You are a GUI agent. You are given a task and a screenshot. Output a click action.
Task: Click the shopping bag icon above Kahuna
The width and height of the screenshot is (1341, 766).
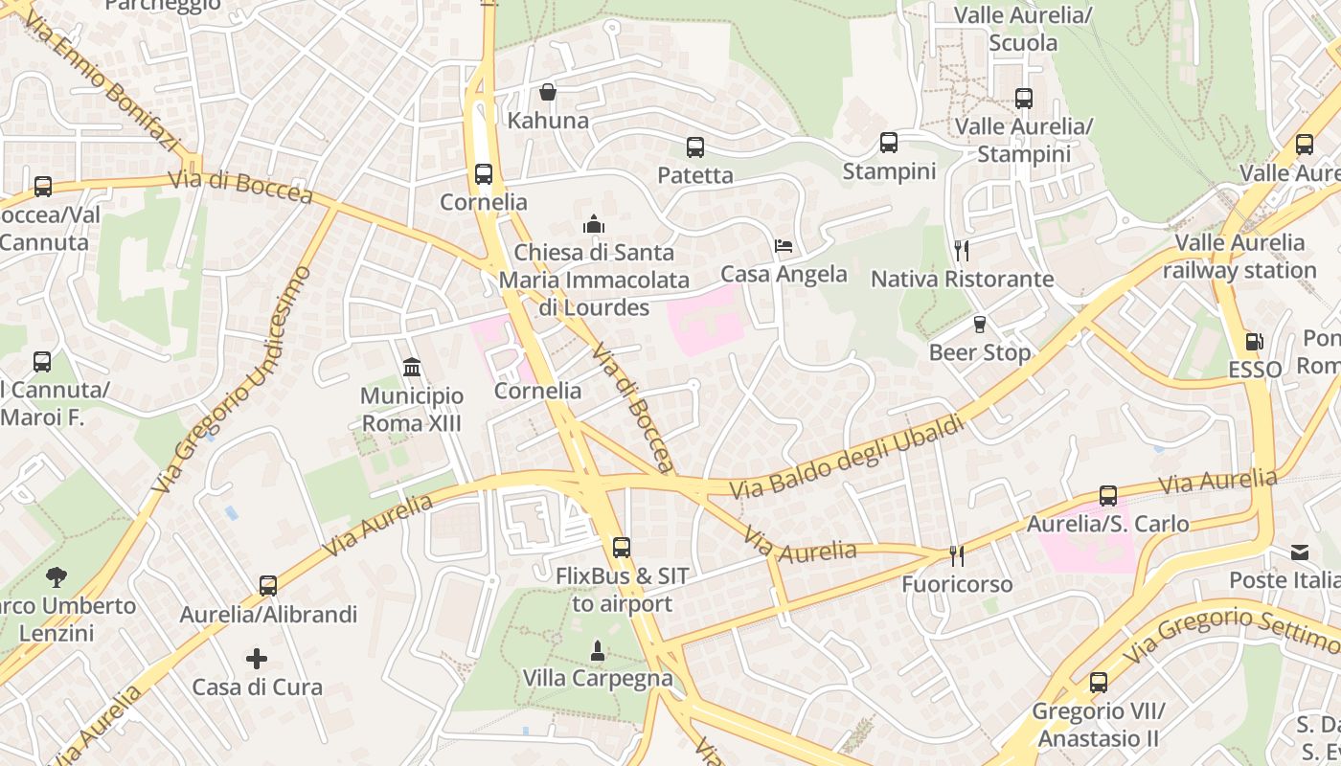548,92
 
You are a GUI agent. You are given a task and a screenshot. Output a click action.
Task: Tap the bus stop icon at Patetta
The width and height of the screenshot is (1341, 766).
695,147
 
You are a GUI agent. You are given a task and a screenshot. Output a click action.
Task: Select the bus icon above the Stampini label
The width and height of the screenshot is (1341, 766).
889,143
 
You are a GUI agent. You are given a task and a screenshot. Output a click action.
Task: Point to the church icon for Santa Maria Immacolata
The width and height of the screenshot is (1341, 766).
594,224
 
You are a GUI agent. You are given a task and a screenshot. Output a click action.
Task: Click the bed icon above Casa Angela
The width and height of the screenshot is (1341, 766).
784,246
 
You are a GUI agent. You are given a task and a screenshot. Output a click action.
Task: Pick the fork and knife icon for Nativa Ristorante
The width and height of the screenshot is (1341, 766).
962,251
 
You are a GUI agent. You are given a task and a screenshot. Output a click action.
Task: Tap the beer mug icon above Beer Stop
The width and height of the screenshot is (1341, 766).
980,325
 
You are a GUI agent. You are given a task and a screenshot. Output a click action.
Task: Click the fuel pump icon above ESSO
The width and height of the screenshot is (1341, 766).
1254,342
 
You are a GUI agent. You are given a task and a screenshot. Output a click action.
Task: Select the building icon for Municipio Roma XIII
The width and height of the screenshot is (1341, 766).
412,367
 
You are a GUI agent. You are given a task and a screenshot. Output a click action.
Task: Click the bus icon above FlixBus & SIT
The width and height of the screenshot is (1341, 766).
622,548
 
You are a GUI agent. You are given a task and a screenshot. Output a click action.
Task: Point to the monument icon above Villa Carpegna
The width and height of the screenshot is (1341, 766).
598,651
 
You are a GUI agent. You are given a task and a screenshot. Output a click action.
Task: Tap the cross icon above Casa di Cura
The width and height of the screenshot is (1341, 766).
257,659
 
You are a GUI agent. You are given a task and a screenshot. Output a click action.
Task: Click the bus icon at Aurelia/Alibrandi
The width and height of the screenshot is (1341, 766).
268,585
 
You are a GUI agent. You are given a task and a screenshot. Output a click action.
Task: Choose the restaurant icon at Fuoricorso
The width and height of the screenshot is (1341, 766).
956,555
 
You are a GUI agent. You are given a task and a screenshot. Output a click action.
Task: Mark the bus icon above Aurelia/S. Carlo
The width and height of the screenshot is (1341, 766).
1108,496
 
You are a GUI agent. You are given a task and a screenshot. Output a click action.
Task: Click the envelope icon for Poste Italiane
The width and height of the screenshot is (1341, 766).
1300,552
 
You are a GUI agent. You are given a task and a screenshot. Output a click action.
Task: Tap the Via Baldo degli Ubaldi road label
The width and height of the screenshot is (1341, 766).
847,457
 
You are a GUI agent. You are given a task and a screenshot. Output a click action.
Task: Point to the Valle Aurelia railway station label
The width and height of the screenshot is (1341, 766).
1239,256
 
